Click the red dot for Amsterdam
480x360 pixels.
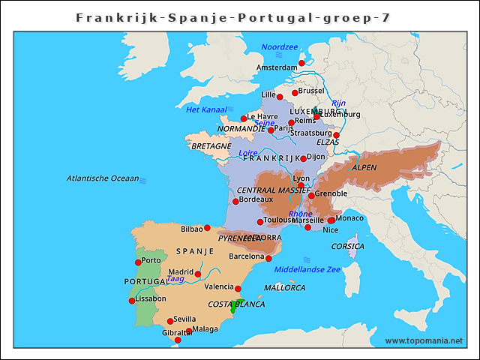tap(301, 64)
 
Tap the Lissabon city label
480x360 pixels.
tap(151, 298)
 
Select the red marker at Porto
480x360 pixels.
tap(138, 262)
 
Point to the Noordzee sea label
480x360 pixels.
tap(280, 47)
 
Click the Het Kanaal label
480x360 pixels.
tap(206, 109)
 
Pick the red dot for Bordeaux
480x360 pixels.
tap(235, 201)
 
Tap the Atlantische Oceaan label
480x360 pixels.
tap(103, 178)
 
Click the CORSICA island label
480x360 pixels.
tap(348, 246)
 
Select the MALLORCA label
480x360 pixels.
tap(285, 287)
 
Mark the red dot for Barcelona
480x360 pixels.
tap(268, 258)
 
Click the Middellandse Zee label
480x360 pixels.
tap(307, 269)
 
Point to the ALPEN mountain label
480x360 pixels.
tap(364, 167)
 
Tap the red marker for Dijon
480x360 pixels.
tap(303, 158)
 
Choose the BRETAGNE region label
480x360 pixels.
tap(211, 146)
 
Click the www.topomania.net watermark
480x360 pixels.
tap(424, 340)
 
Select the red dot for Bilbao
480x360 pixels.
tap(207, 228)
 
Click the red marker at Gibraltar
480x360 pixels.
tap(178, 340)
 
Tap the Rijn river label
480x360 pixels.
tap(339, 103)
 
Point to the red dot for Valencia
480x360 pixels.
tap(238, 289)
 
